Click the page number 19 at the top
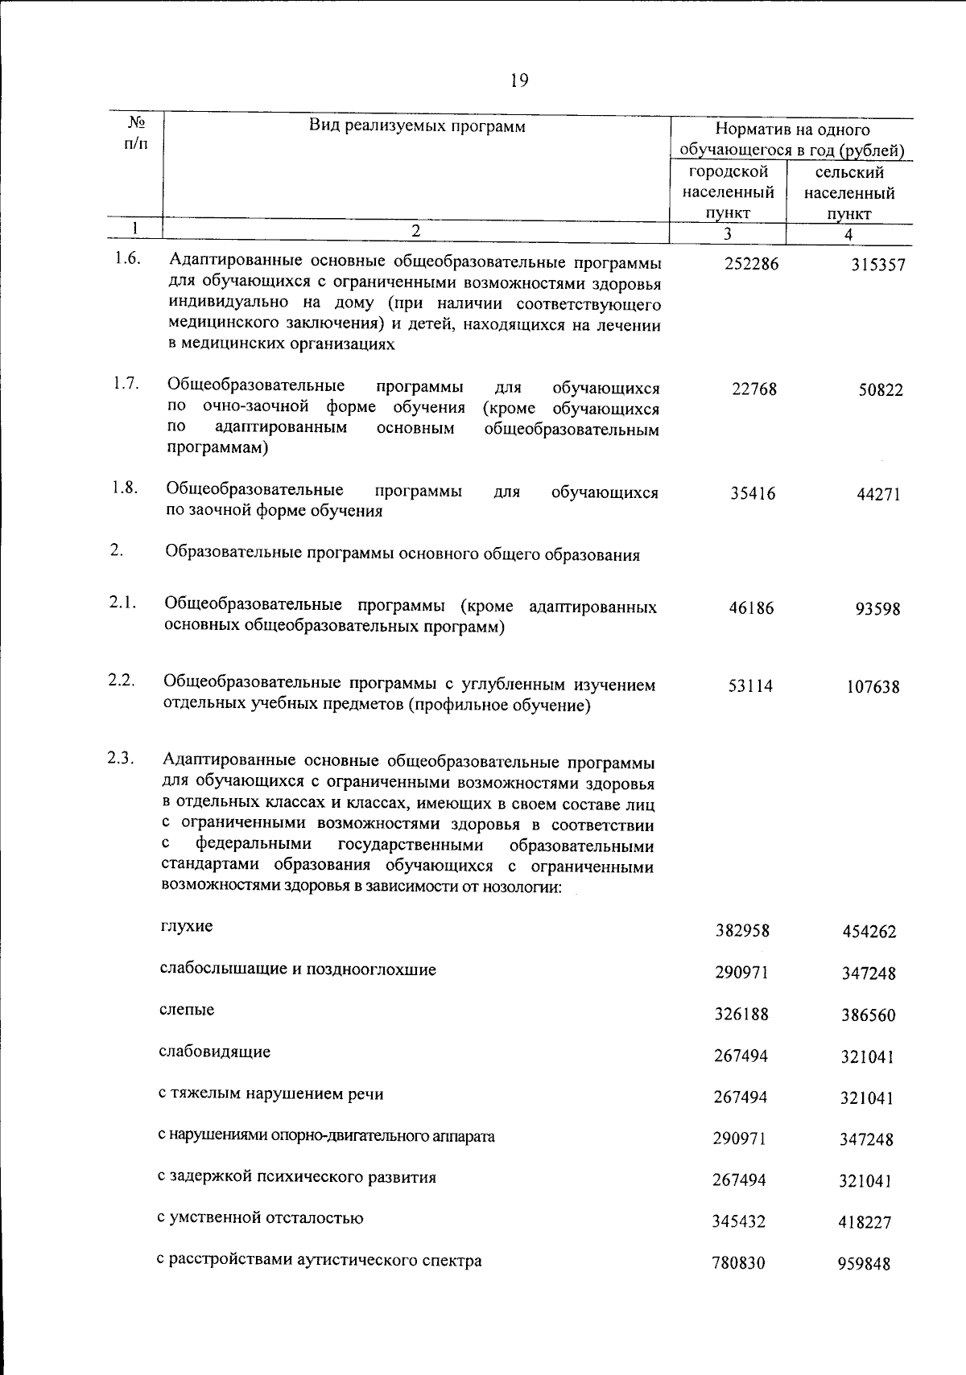518,80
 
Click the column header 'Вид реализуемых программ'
417,126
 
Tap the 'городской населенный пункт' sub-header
729,192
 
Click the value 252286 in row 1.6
751,263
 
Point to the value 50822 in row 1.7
880,390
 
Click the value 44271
878,495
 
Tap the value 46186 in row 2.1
751,608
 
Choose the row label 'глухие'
187,926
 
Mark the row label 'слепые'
187,1009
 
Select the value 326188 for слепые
741,1014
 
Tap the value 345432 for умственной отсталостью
739,1221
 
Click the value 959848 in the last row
864,1264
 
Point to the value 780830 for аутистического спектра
738,1263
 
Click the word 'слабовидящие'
214,1052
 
